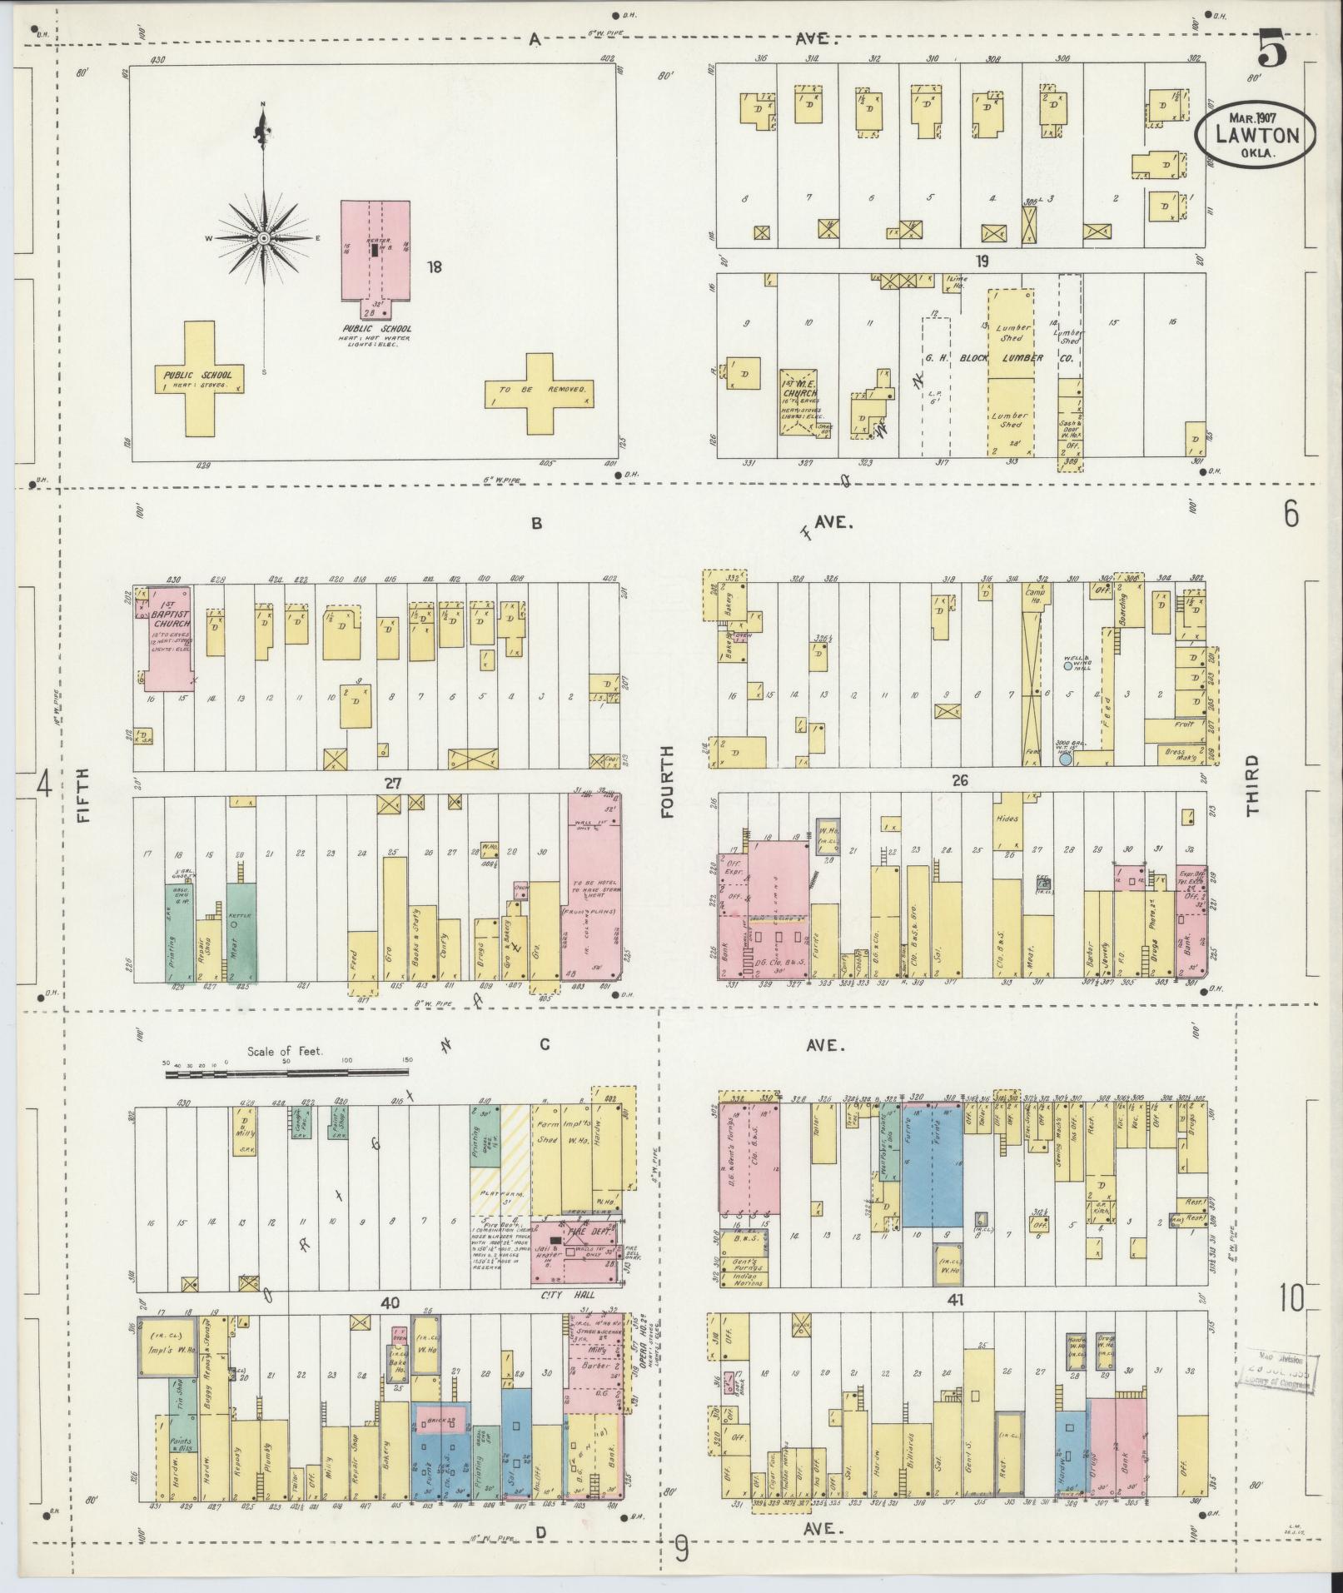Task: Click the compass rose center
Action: pyautogui.click(x=263, y=238)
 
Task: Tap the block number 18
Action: pyautogui.click(x=434, y=267)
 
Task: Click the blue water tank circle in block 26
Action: pyautogui.click(x=1066, y=759)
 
